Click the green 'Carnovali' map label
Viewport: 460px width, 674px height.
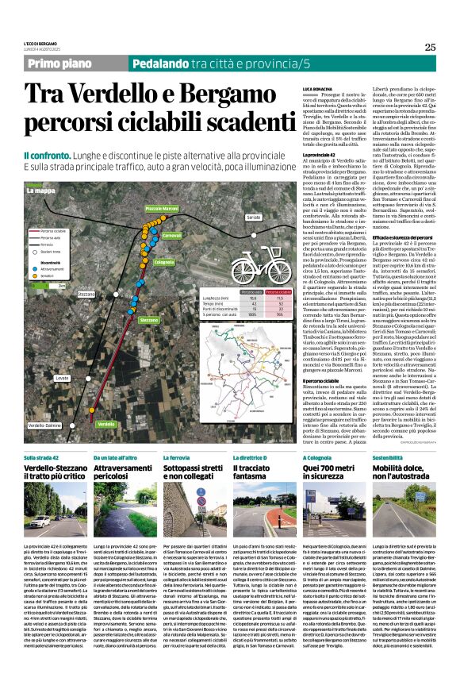(172, 236)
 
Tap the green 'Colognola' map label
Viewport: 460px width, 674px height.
(164, 261)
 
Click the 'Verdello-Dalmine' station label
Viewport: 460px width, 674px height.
(44, 426)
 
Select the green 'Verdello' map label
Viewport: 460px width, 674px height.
(105, 425)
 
